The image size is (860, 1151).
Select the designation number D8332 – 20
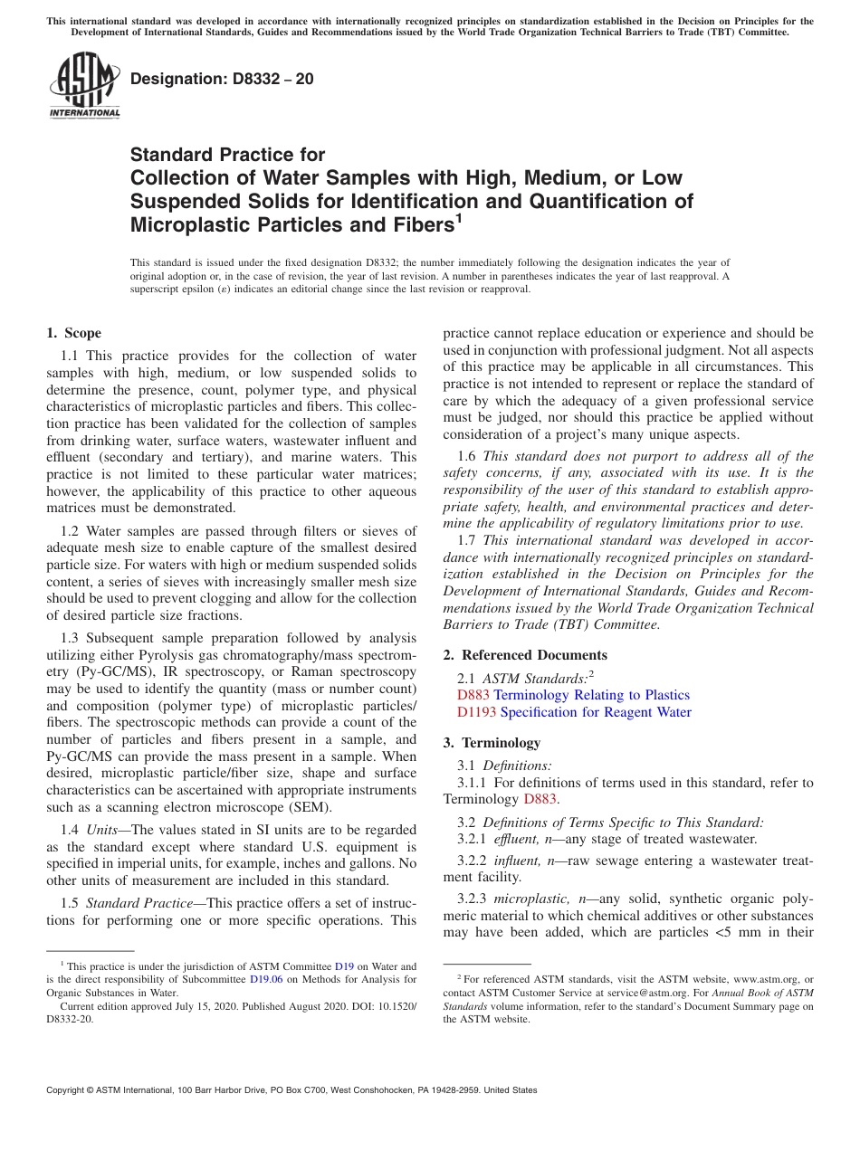(222, 79)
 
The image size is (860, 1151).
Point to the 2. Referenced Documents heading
(525, 655)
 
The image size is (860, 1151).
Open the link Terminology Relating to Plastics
(591, 695)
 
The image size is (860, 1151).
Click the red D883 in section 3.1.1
(540, 799)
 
